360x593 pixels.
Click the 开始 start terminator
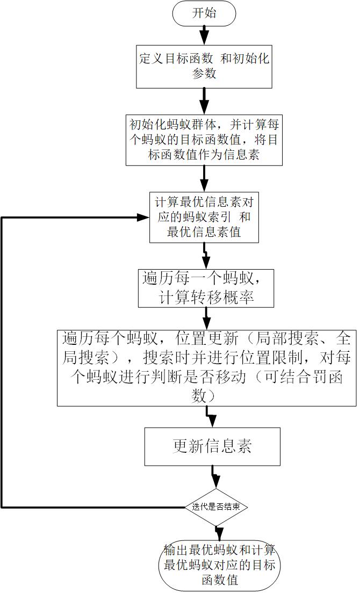coord(204,13)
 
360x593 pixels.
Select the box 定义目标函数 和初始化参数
coord(204,66)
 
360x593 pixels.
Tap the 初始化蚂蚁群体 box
coord(204,141)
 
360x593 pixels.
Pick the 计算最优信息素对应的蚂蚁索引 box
coord(204,218)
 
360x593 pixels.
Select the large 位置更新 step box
coord(207,367)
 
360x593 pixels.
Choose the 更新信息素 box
coord(212,446)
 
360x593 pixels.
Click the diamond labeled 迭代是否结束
coord(216,507)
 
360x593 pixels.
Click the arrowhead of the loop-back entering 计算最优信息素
coord(144,217)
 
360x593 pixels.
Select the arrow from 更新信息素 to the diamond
coord(214,477)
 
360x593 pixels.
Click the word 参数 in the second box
coord(204,73)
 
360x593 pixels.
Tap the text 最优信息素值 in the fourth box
coord(204,232)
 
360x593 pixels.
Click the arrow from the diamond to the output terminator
coord(219,533)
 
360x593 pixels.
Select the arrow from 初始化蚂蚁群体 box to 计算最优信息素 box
coord(204,178)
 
